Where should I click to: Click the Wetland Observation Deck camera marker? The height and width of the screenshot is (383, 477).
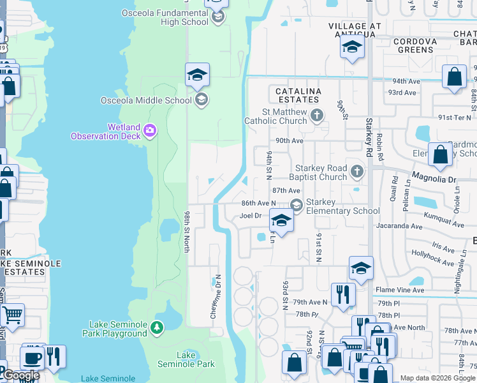pyautogui.click(x=149, y=131)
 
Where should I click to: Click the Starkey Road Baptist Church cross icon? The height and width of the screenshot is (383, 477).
pyautogui.click(x=357, y=170)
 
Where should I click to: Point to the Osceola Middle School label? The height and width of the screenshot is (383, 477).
pyautogui.click(x=146, y=100)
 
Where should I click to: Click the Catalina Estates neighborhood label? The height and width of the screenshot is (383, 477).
pyautogui.click(x=297, y=96)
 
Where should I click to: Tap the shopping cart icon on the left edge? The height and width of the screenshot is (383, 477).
pyautogui.click(x=12, y=314)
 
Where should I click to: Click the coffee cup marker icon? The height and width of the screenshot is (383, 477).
pyautogui.click(x=32, y=358)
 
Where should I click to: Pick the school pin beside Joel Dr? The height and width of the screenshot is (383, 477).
pyautogui.click(x=281, y=220)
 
